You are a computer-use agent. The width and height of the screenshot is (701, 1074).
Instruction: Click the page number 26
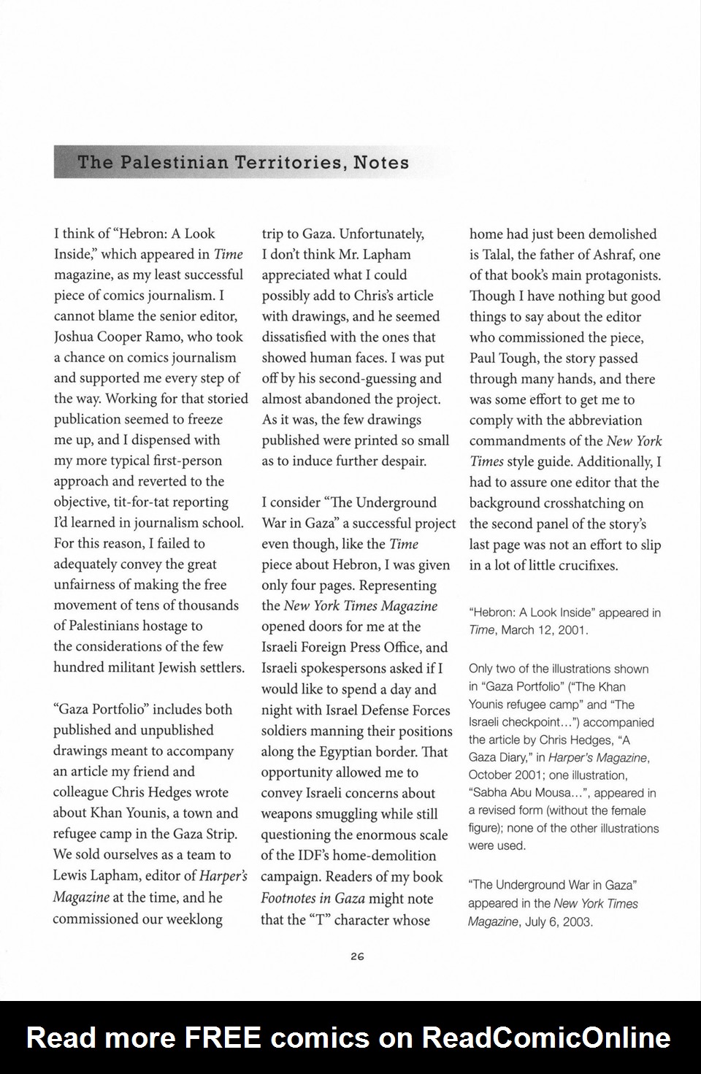(x=357, y=956)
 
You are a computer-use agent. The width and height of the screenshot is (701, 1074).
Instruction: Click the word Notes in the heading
(x=381, y=162)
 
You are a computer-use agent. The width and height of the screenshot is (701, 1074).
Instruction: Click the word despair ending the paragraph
(x=401, y=461)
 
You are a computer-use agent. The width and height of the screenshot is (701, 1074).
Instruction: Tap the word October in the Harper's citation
(x=494, y=775)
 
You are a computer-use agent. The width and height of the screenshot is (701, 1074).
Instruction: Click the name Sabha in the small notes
(x=490, y=793)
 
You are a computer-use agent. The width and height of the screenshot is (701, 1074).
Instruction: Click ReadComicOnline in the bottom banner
(x=546, y=1037)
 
